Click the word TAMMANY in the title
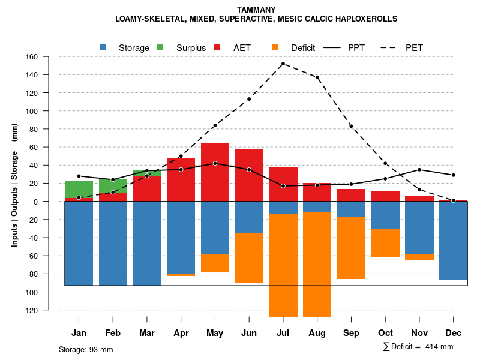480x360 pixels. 256,10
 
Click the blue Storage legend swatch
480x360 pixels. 103,47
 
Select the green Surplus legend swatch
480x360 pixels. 161,47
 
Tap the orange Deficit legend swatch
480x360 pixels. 275,47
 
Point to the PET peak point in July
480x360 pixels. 283,64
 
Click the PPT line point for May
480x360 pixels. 215,163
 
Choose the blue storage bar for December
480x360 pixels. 453,241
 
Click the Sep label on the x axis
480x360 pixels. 351,333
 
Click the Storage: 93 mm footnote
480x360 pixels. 86,349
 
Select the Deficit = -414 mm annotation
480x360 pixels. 418,347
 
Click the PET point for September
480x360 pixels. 351,126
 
